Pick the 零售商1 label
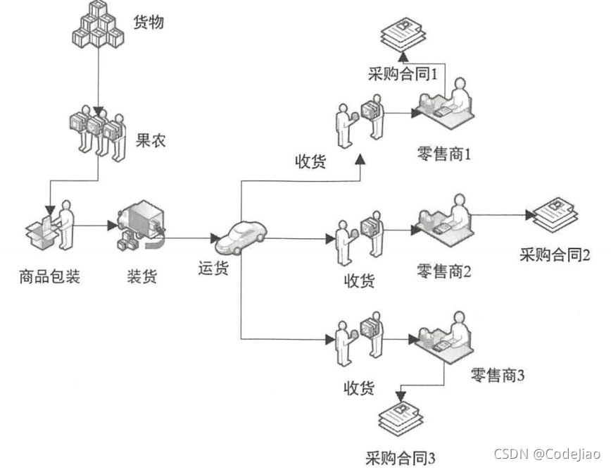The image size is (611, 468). tap(445, 152)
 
